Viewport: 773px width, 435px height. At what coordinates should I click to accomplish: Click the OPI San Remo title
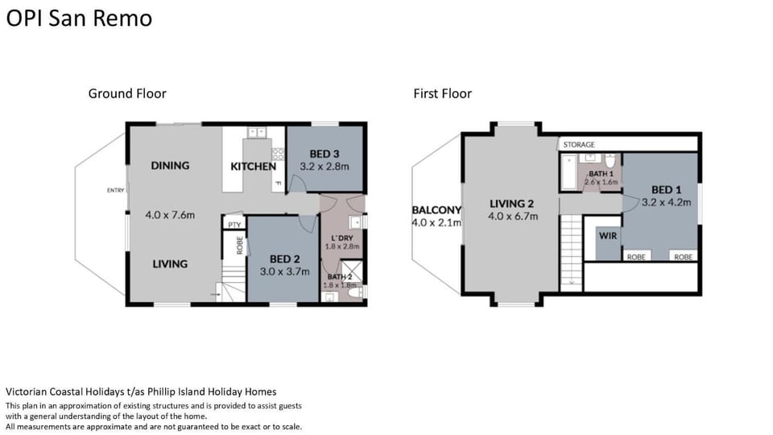(79, 19)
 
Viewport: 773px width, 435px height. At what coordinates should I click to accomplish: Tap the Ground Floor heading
(127, 93)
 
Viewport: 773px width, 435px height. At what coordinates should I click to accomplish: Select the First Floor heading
(442, 93)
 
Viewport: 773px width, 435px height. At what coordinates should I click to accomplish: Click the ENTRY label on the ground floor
(115, 190)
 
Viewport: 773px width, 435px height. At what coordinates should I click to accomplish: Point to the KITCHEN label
(254, 166)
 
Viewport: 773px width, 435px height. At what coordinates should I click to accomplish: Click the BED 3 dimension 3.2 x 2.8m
(324, 167)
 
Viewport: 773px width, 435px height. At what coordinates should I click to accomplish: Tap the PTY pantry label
(234, 225)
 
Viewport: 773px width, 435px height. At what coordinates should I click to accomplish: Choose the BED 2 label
(285, 259)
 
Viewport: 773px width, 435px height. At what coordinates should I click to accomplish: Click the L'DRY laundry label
(342, 238)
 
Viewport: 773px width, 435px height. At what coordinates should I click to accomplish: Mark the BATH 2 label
(340, 276)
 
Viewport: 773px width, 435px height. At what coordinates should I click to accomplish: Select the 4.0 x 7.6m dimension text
(170, 215)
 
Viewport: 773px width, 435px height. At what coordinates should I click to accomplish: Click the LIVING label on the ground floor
(170, 264)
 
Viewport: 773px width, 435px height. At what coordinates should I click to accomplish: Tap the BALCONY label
(436, 210)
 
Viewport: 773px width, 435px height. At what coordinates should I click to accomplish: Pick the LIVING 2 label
(512, 203)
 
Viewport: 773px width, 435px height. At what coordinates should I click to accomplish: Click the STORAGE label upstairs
(579, 144)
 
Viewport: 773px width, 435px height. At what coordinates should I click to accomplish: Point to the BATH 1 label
(601, 174)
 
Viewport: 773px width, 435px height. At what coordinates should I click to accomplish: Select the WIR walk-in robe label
(608, 236)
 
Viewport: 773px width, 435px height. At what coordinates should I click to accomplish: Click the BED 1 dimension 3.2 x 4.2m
(667, 202)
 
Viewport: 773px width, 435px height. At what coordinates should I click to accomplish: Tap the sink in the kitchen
(257, 132)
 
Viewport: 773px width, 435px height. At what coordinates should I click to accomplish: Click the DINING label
(170, 165)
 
